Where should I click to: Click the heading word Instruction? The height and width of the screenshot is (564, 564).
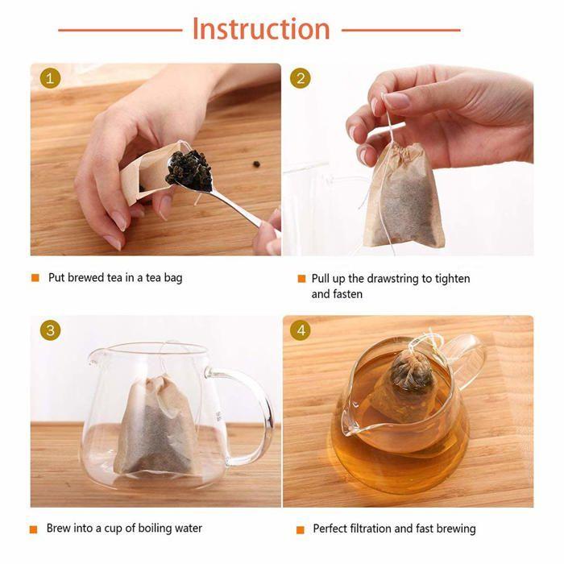click(260, 29)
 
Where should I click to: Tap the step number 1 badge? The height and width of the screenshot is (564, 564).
click(50, 79)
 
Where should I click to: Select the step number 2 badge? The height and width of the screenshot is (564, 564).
click(301, 79)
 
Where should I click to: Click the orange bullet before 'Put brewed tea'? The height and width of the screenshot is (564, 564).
click(35, 278)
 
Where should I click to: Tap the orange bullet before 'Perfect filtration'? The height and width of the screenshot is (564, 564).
click(301, 529)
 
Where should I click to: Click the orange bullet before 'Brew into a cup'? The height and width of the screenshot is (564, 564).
click(35, 529)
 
